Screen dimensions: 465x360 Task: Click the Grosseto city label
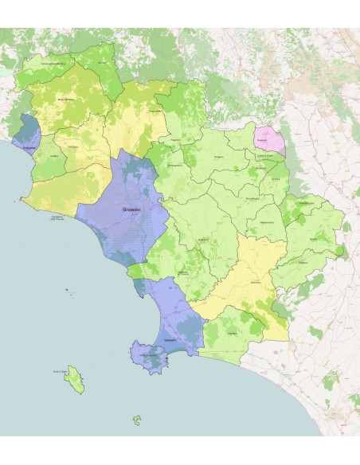[x=131, y=209]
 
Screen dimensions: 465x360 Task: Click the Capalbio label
[x=232, y=333]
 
